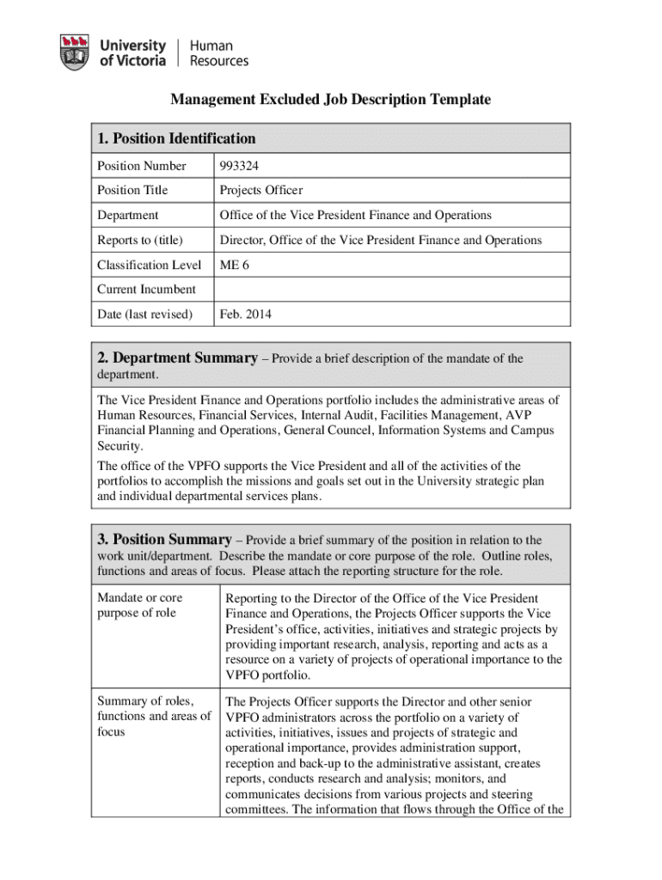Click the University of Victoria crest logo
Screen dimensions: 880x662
pyautogui.click(x=75, y=52)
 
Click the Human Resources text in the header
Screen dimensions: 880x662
pyautogui.click(x=218, y=52)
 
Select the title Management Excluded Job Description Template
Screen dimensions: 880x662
pyautogui.click(x=330, y=100)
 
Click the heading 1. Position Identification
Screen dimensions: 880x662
pyautogui.click(x=176, y=138)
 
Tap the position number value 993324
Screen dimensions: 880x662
pyautogui.click(x=239, y=166)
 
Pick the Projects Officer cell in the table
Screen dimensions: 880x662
pyautogui.click(x=261, y=190)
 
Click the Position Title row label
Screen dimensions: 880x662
pyautogui.click(x=132, y=190)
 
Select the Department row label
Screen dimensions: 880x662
pyautogui.click(x=127, y=215)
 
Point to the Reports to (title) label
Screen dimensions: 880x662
pyautogui.click(x=140, y=240)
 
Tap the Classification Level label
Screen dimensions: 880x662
pyautogui.click(x=149, y=265)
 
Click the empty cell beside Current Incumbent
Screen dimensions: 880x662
pyautogui.click(x=391, y=290)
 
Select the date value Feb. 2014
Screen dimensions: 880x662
pyautogui.click(x=245, y=315)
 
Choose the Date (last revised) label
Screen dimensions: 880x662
pyautogui.click(x=144, y=315)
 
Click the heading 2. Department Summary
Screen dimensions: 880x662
pyautogui.click(x=176, y=358)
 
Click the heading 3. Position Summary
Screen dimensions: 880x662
pyautogui.click(x=164, y=540)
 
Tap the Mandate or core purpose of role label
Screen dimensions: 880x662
pyautogui.click(x=139, y=605)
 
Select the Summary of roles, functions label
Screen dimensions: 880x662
pyautogui.click(x=153, y=717)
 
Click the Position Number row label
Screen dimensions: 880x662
pyautogui.click(x=141, y=166)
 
